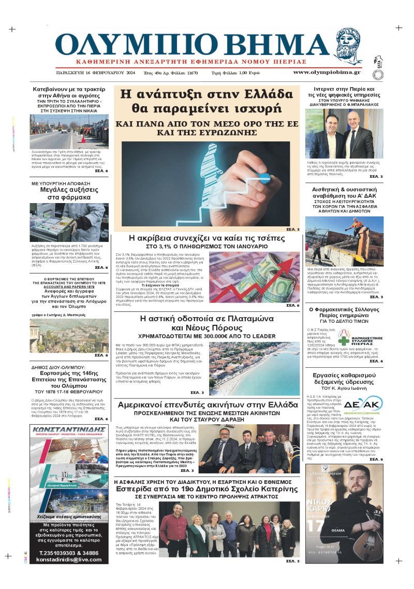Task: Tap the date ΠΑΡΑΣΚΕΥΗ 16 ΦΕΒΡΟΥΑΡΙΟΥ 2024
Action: point(95,73)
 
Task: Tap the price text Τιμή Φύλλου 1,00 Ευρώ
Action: point(235,73)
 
